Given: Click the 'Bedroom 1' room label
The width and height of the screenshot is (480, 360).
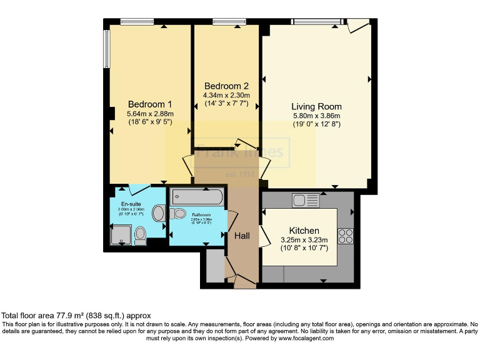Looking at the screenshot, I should point(150,104).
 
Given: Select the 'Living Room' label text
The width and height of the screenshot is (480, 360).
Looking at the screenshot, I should point(316,106).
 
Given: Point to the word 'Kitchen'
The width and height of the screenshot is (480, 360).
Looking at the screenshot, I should point(304,231).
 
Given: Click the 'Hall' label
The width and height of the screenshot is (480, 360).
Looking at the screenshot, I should point(242,236).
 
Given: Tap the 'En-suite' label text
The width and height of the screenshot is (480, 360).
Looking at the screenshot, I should point(131,204).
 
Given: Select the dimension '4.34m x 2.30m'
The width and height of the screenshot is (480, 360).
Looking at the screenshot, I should point(226,95).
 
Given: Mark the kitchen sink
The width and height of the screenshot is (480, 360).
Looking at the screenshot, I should point(305,201).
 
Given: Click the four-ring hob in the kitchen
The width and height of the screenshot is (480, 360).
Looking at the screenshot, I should point(346,236).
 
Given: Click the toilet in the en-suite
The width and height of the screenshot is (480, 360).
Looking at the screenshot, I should point(141,234).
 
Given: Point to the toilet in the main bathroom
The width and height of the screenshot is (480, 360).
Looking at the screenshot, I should point(179,214).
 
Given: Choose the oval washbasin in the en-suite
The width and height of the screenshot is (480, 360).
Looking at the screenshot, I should point(158,214).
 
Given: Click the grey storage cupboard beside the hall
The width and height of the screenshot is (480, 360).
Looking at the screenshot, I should point(214,266).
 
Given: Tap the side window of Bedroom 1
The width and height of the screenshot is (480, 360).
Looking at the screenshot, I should point(107,50).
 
